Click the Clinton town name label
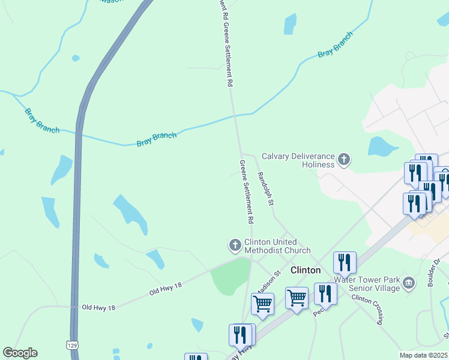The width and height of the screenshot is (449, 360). [305, 270]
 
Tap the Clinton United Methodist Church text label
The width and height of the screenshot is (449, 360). [277, 246]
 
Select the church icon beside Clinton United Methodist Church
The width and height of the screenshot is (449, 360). [235, 244]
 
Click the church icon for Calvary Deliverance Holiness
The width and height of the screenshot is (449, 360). [344, 159]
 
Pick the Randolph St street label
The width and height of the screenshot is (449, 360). [265, 188]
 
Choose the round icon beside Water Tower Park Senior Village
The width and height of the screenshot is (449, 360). [409, 283]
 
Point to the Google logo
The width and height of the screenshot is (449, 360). [20, 353]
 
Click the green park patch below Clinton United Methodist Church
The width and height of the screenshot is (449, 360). [231, 277]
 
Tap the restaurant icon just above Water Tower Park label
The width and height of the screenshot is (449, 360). [345, 262]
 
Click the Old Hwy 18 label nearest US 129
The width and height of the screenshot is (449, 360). [98, 307]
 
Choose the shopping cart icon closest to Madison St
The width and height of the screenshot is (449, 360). [262, 303]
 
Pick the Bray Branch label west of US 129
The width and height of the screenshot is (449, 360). [42, 120]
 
